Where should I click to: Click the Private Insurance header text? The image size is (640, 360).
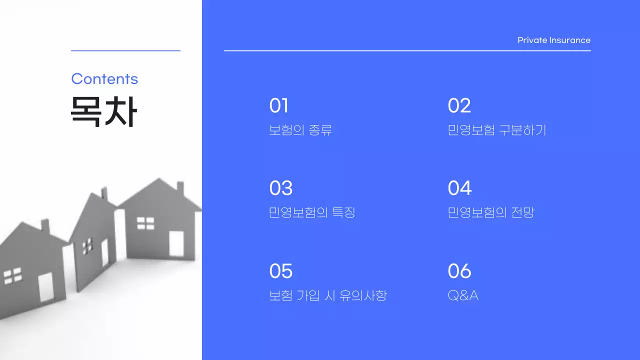tap(554, 40)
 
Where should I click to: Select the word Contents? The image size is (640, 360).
tap(104, 79)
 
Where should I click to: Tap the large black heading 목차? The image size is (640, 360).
tap(103, 111)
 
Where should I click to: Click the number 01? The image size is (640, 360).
tap(278, 106)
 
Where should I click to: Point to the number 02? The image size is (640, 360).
tap(459, 106)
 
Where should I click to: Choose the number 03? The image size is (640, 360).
tap(280, 188)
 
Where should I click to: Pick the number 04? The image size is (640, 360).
tap(459, 188)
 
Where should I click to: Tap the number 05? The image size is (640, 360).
tap(280, 271)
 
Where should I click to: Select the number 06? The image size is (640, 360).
tap(459, 271)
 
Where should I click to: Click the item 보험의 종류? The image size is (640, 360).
tap(300, 130)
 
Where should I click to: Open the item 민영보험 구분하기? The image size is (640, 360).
tap(497, 130)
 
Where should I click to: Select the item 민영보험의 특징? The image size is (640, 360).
tap(312, 212)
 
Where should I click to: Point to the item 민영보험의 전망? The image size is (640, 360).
tap(491, 212)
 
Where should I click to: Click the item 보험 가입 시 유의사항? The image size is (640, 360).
tap(328, 295)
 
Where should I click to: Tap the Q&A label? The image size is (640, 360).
tap(463, 295)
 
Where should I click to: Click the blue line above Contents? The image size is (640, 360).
tap(125, 50)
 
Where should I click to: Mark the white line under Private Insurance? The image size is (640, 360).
tap(407, 50)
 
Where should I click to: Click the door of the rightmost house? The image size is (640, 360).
tap(176, 243)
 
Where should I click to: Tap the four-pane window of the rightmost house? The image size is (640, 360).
tap(145, 223)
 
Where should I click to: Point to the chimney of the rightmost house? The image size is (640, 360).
tap(180, 187)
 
